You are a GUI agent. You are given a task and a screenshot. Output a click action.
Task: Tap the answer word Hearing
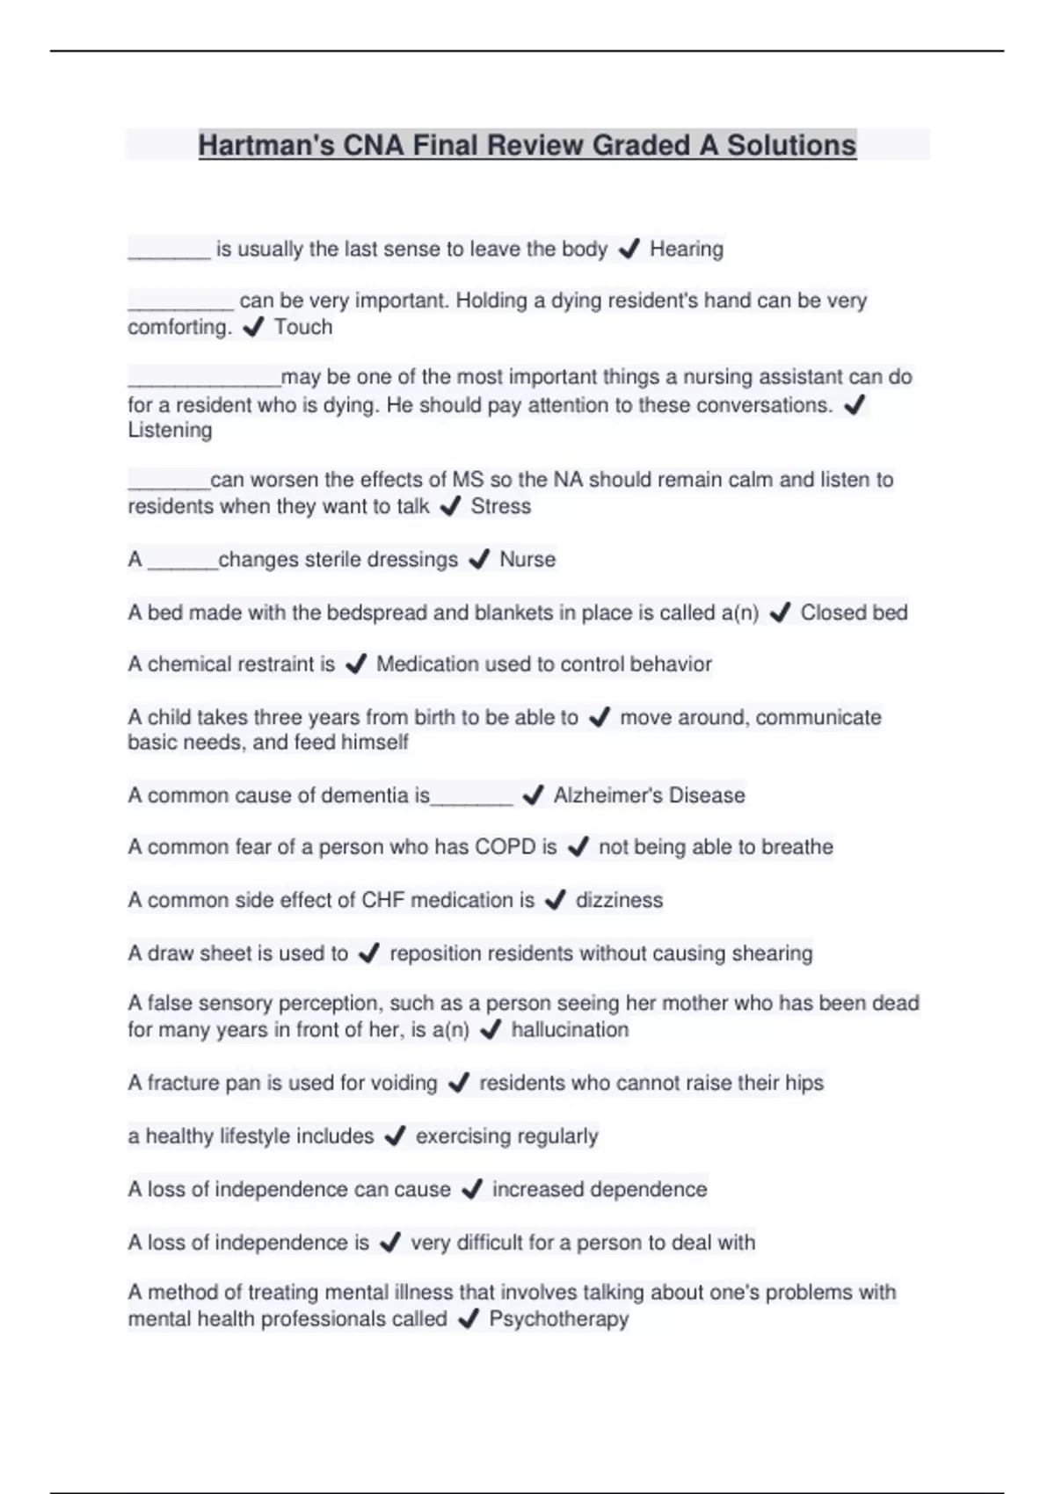(686, 250)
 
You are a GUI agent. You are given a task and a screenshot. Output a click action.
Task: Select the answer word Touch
(303, 327)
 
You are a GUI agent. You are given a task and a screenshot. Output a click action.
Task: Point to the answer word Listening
(170, 430)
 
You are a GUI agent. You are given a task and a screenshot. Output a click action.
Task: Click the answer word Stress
(500, 506)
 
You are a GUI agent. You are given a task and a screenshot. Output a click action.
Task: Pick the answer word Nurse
(527, 560)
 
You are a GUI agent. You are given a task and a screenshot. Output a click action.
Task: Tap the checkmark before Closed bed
(779, 613)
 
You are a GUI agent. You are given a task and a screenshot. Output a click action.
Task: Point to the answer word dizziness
(619, 900)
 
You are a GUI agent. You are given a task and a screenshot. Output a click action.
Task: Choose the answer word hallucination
(570, 1030)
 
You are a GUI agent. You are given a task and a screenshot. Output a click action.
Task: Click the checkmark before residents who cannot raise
(458, 1083)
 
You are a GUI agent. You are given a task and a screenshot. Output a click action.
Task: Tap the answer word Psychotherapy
(558, 1319)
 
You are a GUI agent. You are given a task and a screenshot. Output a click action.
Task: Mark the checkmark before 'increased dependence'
(471, 1189)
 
